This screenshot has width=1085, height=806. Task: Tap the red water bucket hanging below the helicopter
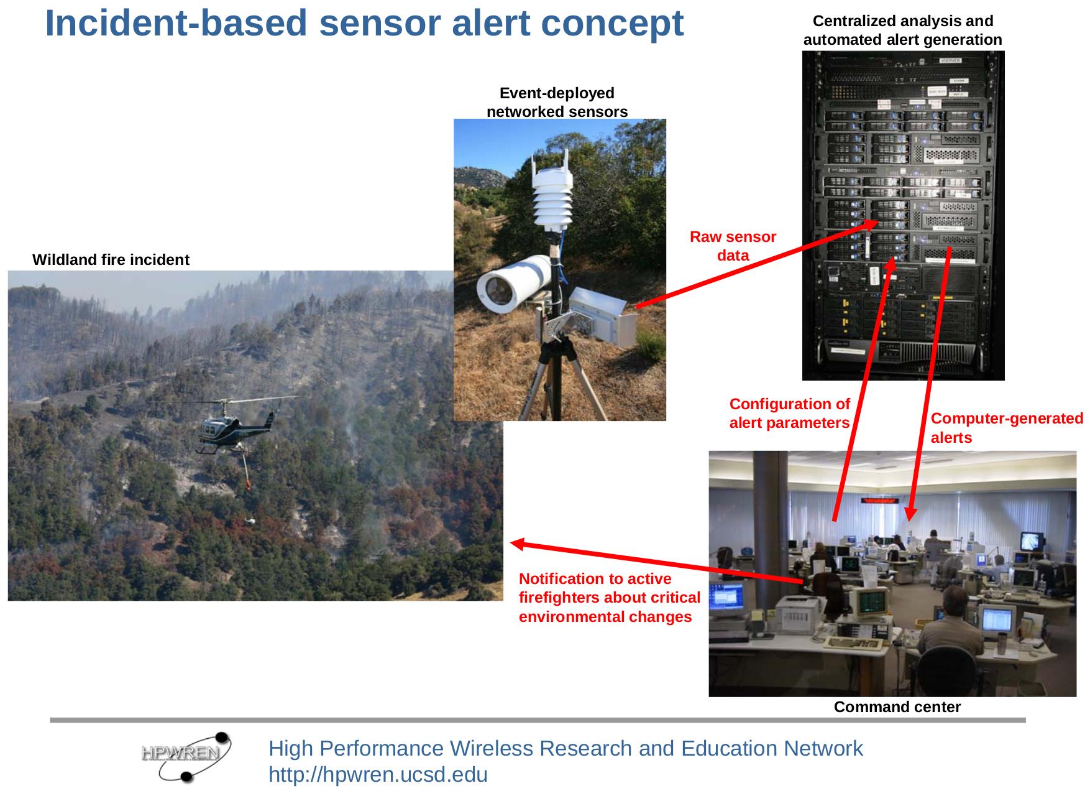[249, 482]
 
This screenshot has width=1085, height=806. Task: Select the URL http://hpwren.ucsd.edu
[378, 775]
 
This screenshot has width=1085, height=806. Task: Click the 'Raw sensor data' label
[733, 246]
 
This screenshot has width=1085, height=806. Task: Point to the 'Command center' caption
[897, 707]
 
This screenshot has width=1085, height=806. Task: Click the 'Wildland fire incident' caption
[111, 260]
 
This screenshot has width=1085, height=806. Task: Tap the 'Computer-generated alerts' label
[1007, 428]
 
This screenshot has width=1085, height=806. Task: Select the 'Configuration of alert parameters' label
[789, 414]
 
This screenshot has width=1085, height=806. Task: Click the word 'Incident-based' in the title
[176, 24]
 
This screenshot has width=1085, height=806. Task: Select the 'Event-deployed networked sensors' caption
[557, 103]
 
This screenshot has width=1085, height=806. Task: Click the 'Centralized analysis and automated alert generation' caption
[902, 30]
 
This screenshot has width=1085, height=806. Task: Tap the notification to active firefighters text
[609, 598]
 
